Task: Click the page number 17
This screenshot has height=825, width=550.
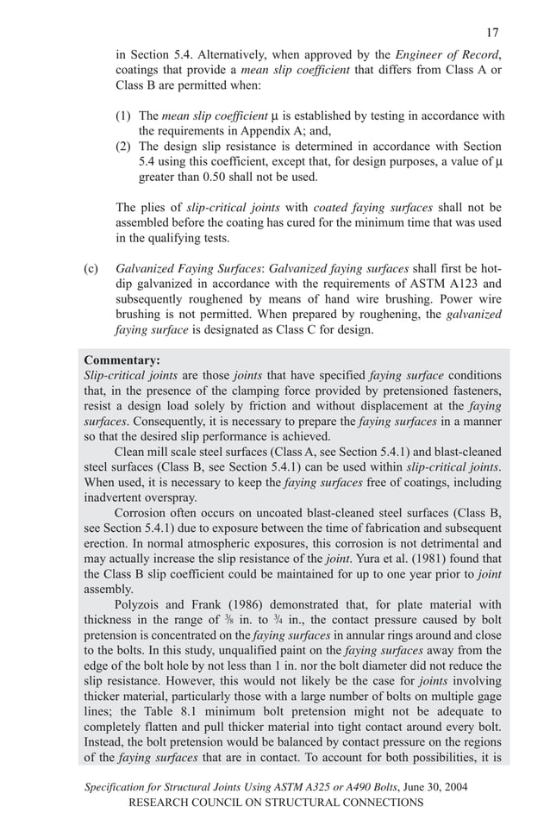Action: pyautogui.click(x=492, y=34)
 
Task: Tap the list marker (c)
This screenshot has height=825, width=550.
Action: pyautogui.click(x=91, y=268)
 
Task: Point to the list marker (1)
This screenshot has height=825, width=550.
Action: pyautogui.click(x=124, y=116)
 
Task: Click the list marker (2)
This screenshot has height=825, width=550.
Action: pyautogui.click(x=124, y=147)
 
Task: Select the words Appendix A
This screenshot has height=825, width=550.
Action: pyautogui.click(x=297, y=131)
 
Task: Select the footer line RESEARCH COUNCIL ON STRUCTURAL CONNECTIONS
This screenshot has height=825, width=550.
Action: pyautogui.click(x=275, y=803)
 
